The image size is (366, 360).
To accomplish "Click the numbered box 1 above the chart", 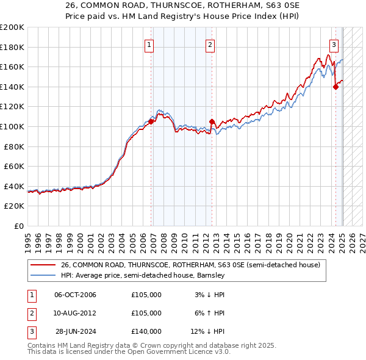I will pos(149,44).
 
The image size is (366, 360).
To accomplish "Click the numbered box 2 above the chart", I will pos(210,44).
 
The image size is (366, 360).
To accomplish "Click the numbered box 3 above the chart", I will pos(334,44).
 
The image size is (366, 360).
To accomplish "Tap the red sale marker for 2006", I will pos(151,121).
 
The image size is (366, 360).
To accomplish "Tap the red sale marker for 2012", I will pos(212,121).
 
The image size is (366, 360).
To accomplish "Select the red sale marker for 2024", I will pos(335,87).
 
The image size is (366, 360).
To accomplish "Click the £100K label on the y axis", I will pos(12,126).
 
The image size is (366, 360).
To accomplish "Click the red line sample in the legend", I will pos(43,265).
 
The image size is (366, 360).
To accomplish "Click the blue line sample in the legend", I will pos(43,275).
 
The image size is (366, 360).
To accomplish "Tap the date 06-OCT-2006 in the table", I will pos(75,295).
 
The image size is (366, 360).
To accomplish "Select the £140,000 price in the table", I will pos(146,331).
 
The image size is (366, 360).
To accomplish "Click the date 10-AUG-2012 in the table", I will pos(75,313).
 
